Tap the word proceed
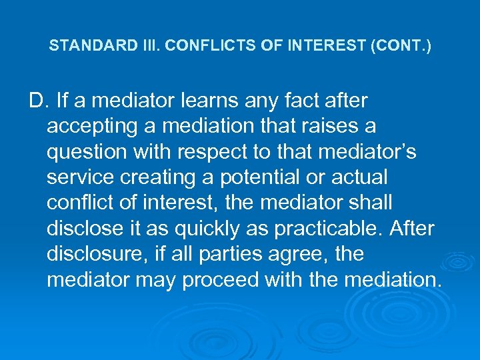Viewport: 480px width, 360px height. (x=221, y=279)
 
